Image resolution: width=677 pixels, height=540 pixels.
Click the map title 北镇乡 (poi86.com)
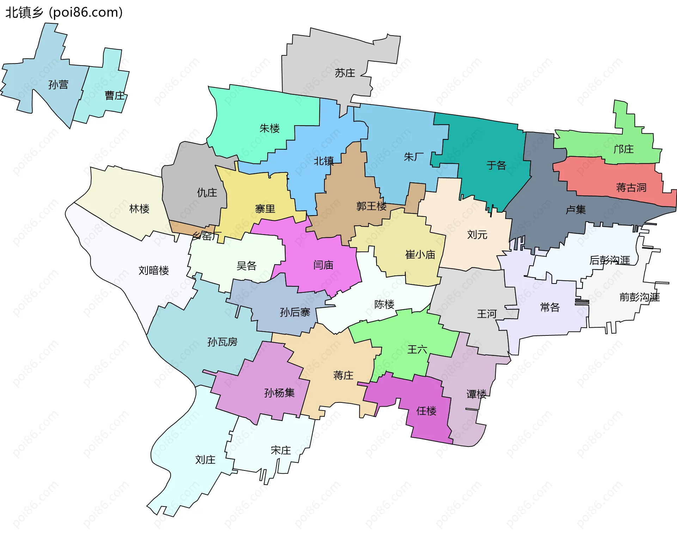(64, 13)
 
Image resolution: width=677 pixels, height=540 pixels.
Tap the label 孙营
(58, 85)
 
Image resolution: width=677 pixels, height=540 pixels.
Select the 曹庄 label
(115, 96)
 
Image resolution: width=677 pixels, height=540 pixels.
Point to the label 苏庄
(345, 73)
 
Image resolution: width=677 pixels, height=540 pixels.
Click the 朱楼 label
(269, 128)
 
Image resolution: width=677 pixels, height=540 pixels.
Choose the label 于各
(496, 165)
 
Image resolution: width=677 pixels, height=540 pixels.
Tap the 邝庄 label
(623, 149)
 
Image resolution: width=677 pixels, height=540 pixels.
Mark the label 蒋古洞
(631, 187)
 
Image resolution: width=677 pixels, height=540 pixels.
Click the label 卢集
(575, 210)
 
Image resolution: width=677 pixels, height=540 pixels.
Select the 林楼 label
(139, 209)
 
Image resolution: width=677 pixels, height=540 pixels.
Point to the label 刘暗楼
(153, 271)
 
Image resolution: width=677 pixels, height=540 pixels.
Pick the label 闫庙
(323, 265)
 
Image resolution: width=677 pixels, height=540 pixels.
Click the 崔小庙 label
(420, 255)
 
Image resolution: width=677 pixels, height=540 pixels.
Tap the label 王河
(487, 314)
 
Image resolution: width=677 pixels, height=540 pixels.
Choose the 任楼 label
(426, 411)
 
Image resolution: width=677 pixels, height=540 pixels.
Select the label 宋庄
(281, 450)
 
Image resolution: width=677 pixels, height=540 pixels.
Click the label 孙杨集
(279, 393)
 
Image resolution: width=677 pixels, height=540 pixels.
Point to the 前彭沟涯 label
(639, 297)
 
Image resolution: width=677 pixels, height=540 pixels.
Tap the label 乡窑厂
(207, 236)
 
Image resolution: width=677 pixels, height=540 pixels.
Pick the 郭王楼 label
(371, 206)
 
